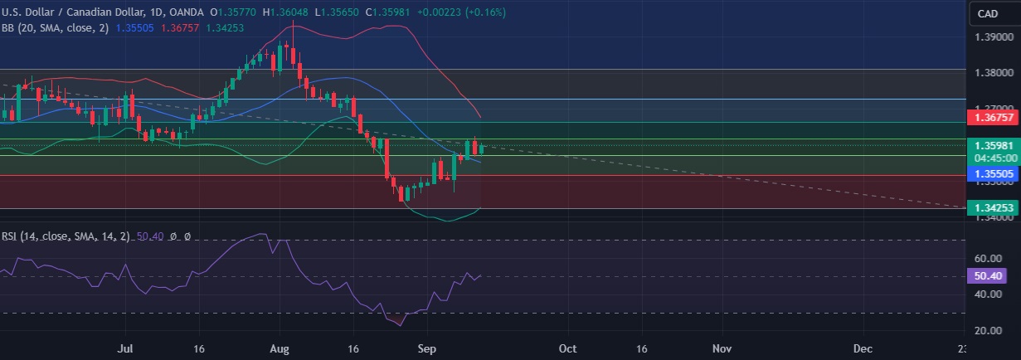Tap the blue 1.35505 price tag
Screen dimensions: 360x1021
(x=993, y=173)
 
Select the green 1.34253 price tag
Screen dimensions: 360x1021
(x=993, y=208)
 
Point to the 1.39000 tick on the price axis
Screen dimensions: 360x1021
(x=993, y=37)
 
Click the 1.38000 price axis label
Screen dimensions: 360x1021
(x=993, y=73)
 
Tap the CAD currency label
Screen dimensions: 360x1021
(x=987, y=13)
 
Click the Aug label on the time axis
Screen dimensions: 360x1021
(x=280, y=349)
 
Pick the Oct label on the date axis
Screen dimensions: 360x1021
(x=568, y=349)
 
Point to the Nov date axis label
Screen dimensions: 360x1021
(x=722, y=349)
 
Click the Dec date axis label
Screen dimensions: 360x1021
(x=863, y=349)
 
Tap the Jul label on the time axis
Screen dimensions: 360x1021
(x=126, y=349)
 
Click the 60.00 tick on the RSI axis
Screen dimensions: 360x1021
(x=989, y=258)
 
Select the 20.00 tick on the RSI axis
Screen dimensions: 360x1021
(x=989, y=331)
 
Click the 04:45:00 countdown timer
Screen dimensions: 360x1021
(x=992, y=157)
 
